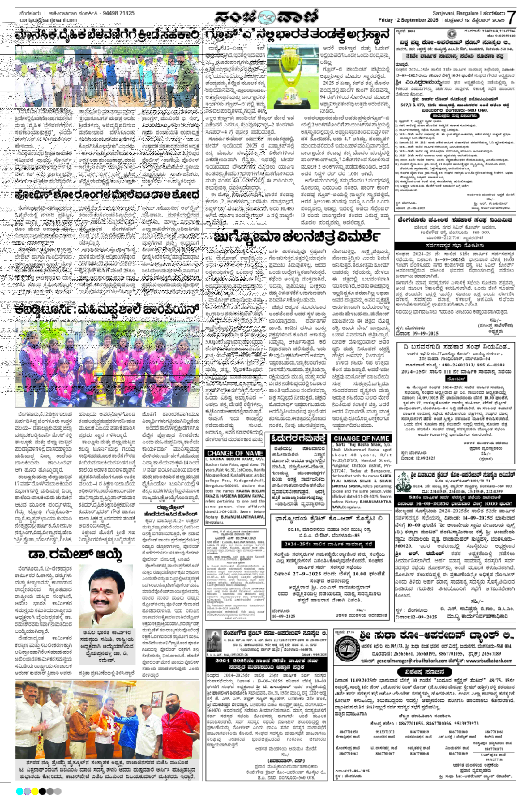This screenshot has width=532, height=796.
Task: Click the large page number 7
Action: (x=512, y=17)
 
